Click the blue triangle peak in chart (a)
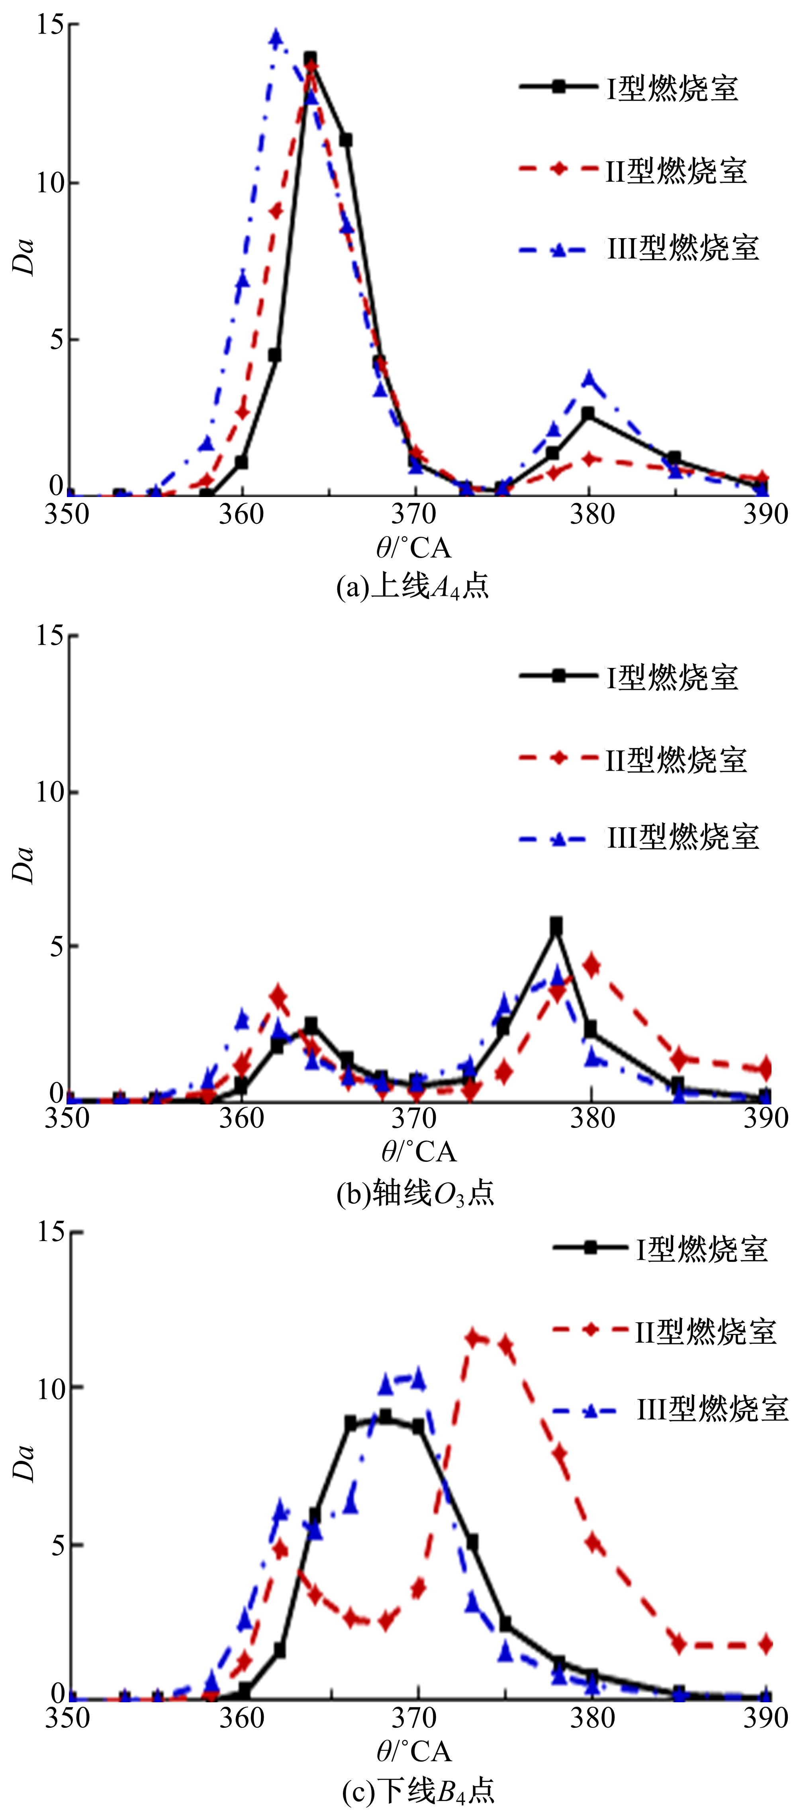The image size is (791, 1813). coord(276,37)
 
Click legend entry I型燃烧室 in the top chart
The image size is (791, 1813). coord(672,88)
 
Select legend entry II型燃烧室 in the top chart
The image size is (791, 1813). coord(675,170)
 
